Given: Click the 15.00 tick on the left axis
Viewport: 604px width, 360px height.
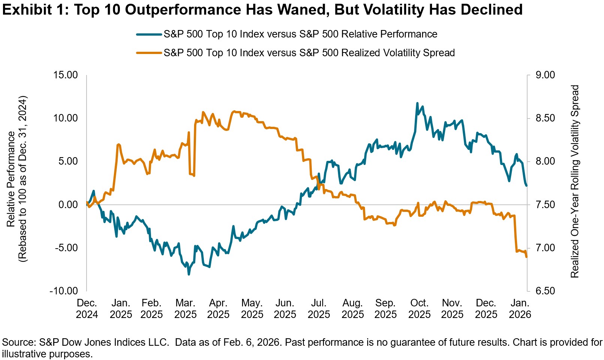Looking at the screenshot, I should [65, 75].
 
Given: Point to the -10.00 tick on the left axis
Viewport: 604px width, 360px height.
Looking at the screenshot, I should [64, 291].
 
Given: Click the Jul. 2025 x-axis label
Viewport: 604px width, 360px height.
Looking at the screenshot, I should [319, 309].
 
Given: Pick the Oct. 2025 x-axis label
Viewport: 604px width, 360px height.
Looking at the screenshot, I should [419, 309].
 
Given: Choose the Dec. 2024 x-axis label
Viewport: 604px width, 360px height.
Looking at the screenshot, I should [87, 309].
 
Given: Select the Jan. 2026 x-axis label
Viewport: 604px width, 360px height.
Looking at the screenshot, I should [520, 309].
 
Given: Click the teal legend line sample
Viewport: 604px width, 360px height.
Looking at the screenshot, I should [149, 34].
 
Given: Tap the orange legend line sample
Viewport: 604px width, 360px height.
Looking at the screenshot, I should [149, 53].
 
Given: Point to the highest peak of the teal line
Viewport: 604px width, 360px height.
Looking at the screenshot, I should [417, 103].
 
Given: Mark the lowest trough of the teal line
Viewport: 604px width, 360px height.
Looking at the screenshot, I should [189, 274].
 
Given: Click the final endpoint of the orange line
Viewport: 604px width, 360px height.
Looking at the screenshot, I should [527, 257].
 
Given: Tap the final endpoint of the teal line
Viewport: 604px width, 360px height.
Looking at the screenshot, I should [527, 185].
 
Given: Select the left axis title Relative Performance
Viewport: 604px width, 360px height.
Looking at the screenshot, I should [11, 179].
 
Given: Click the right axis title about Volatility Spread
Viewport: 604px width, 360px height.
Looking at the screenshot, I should [575, 181].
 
